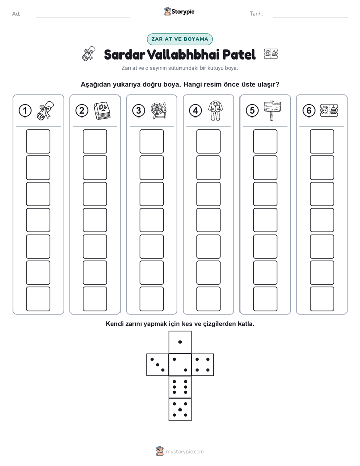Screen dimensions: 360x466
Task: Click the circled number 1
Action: pyautogui.click(x=25, y=111)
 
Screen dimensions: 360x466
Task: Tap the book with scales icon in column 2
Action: pyautogui.click(x=102, y=111)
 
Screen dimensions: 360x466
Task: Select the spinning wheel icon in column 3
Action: pyautogui.click(x=159, y=111)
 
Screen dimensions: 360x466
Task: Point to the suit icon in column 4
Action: pyautogui.click(x=216, y=110)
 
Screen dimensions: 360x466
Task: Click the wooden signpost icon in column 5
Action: pyautogui.click(x=272, y=110)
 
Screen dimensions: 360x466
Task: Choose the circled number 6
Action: pyautogui.click(x=309, y=111)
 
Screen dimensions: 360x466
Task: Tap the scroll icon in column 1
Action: pyautogui.click(x=45, y=110)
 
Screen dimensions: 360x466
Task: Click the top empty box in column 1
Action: pyautogui.click(x=38, y=141)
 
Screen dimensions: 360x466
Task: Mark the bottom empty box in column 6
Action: pyautogui.click(x=322, y=299)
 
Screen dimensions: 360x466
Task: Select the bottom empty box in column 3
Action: pyautogui.click(x=151, y=299)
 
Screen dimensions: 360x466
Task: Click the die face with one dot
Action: pyautogui.click(x=180, y=342)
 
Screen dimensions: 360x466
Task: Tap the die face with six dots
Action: pyautogui.click(x=180, y=387)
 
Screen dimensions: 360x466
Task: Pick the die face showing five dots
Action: pyautogui.click(x=180, y=409)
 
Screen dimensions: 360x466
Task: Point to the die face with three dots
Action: pyautogui.click(x=158, y=365)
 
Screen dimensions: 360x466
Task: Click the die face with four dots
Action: pyautogui.click(x=202, y=365)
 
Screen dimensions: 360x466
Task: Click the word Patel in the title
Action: pyautogui.click(x=239, y=54)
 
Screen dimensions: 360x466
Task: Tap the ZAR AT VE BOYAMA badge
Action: pyautogui.click(x=179, y=39)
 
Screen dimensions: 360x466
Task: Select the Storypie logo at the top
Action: pyautogui.click(x=179, y=12)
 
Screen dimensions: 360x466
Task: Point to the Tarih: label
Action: pyautogui.click(x=256, y=14)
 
